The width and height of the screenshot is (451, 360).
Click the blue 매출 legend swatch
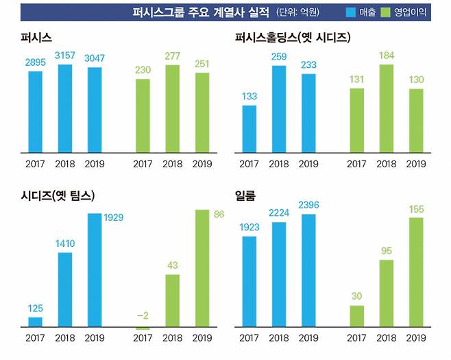[x=350, y=12]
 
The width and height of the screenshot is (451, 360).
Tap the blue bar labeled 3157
[x=64, y=108]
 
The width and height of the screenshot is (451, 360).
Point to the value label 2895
[x=35, y=62]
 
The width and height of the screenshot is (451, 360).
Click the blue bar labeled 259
[x=279, y=108]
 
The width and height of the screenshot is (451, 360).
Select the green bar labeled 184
[x=386, y=108]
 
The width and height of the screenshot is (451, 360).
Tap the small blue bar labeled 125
[x=35, y=322]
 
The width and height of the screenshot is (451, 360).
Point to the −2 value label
[x=143, y=315]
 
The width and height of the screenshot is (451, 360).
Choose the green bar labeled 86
[x=202, y=267]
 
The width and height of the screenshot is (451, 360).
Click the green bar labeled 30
[x=356, y=315]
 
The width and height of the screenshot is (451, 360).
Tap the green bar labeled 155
[x=415, y=272]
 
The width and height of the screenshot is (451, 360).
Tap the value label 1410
[x=64, y=243]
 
